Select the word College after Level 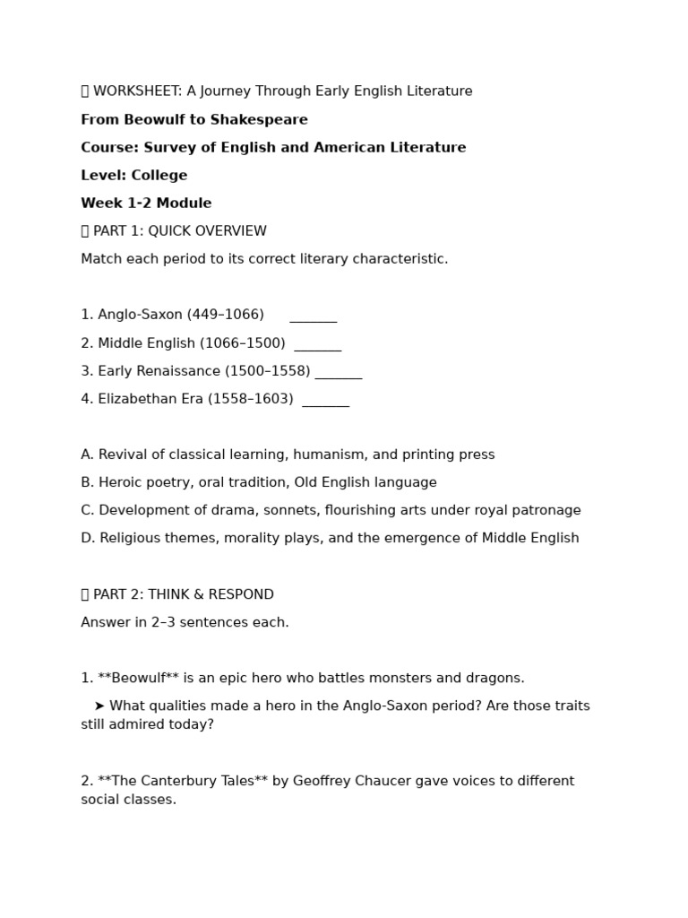coord(159,176)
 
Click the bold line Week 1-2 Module coord(146,204)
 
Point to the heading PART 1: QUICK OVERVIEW coord(179,231)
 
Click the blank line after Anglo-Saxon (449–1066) coord(313,317)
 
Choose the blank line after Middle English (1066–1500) coord(317,346)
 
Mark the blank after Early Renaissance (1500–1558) coord(338,374)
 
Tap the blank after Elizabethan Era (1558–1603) coord(325,402)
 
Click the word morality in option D coord(250,538)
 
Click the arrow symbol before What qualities coord(99,706)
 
